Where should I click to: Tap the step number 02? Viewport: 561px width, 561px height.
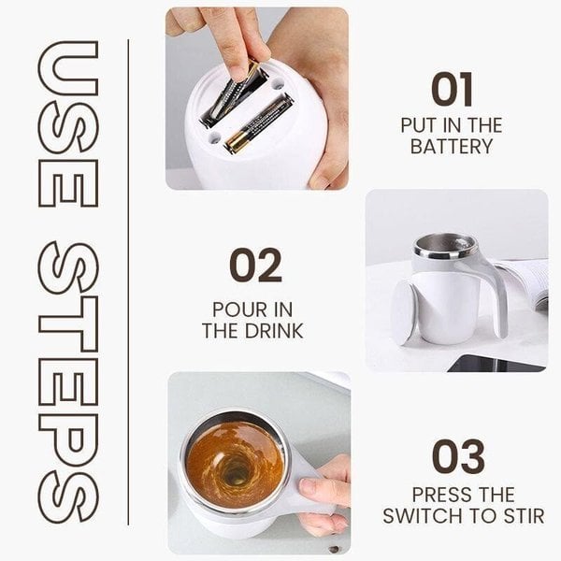[254, 266]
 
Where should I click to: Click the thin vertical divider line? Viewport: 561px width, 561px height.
[128, 280]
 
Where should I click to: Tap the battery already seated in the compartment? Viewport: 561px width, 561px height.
[257, 122]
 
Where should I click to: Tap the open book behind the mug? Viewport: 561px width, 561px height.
[528, 281]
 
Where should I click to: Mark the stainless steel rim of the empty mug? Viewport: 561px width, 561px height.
[445, 246]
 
